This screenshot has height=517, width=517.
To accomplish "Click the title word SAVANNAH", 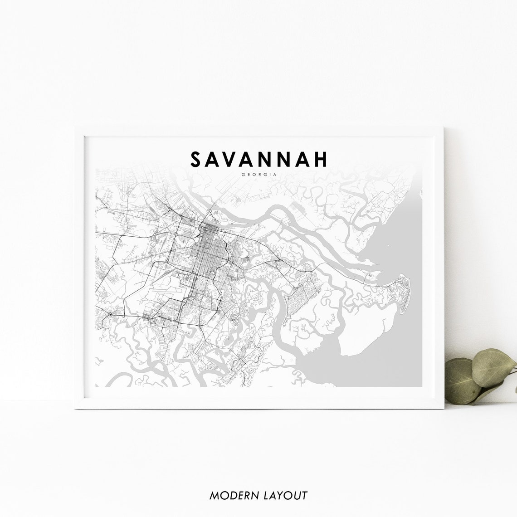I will pyautogui.click(x=259, y=159).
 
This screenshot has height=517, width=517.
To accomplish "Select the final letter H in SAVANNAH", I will pyautogui.click(x=321, y=159).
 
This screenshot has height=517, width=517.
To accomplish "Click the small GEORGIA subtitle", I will pyautogui.click(x=259, y=174).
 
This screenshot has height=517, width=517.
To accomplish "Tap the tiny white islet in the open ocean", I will pyautogui.click(x=387, y=247).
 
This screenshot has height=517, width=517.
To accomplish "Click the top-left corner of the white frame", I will pyautogui.click(x=75, y=127).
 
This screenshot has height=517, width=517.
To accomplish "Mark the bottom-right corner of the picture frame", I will pyautogui.click(x=443, y=409).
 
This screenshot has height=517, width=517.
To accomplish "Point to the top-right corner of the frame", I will pyautogui.click(x=443, y=127).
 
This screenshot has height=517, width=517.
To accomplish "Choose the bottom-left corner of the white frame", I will pyautogui.click(x=75, y=409).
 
